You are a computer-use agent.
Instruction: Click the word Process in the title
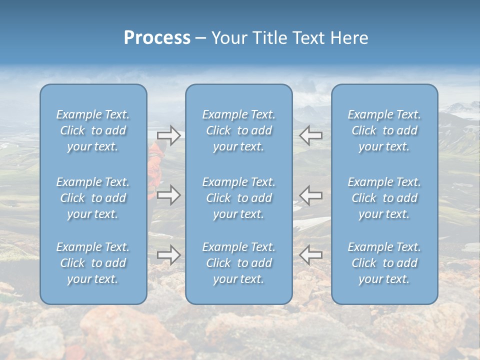click(157, 38)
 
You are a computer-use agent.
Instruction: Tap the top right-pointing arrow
click(168, 135)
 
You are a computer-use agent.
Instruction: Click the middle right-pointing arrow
click(168, 195)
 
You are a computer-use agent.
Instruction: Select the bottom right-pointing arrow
click(168, 255)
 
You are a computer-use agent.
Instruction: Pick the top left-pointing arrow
click(310, 135)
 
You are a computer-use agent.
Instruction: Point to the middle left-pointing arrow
click(310, 195)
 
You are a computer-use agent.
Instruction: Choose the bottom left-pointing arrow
click(310, 255)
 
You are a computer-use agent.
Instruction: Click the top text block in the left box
click(93, 130)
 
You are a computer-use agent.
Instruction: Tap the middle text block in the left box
click(93, 198)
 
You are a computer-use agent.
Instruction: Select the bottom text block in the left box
click(93, 263)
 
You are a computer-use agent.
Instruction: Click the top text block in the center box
click(238, 130)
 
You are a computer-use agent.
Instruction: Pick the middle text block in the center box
click(238, 198)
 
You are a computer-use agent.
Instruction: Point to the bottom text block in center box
click(238, 263)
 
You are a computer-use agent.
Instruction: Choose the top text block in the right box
click(384, 130)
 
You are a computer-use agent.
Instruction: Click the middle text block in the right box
click(384, 198)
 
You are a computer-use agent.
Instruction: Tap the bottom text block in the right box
click(384, 263)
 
